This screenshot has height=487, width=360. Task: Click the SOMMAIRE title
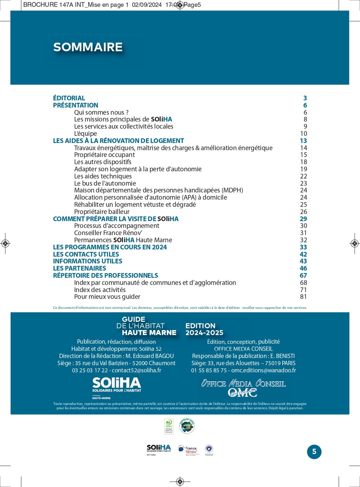coord(88,47)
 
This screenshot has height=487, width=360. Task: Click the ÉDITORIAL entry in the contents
coord(69,98)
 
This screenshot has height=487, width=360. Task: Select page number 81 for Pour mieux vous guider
coord(303,297)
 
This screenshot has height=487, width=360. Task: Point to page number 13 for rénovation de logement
coord(303,141)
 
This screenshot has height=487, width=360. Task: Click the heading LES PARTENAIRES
coord(80,268)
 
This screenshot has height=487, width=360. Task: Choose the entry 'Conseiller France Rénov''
coord(108,233)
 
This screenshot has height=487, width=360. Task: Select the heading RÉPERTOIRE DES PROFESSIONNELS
coord(105,276)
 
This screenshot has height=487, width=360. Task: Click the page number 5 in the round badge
coord(314,452)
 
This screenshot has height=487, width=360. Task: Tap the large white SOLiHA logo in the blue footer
coord(117,385)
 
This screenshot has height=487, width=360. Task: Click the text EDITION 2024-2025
coord(204,329)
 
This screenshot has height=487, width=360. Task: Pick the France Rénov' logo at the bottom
coord(188,450)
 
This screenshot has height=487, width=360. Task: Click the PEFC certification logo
coord(169,426)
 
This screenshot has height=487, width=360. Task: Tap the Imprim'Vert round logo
coord(187,426)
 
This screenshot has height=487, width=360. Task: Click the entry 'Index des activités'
coord(100,290)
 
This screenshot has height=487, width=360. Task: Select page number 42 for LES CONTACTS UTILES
coord(303,254)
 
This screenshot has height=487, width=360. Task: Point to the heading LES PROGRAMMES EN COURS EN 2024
coord(110,247)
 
